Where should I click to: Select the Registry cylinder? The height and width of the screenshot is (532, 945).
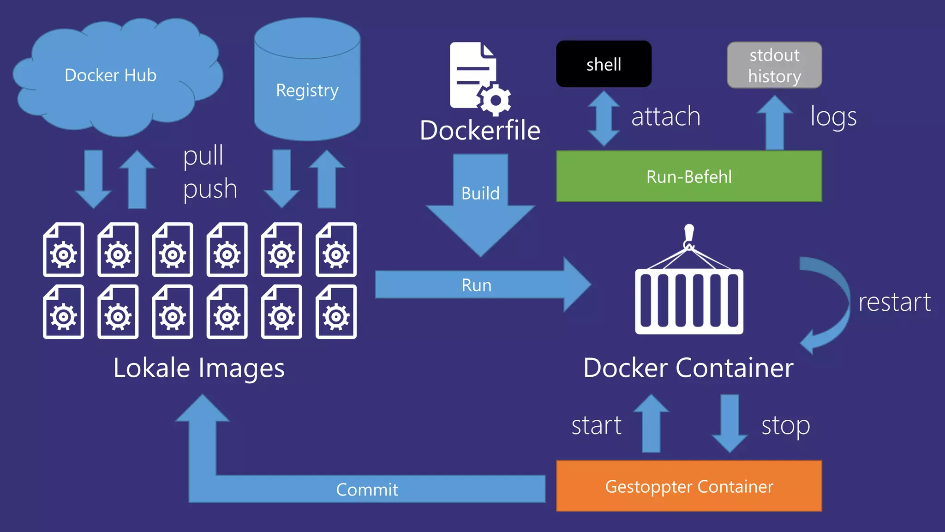click(x=307, y=88)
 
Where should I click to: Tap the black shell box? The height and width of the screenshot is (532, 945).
click(x=604, y=64)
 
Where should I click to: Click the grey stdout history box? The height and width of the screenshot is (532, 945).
click(x=774, y=65)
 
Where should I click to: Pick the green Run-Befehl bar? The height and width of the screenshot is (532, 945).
click(x=689, y=176)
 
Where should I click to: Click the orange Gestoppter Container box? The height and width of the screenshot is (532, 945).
click(x=689, y=486)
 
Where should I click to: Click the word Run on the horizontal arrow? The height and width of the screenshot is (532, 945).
click(x=476, y=285)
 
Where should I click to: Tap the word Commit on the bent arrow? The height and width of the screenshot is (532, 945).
click(x=367, y=490)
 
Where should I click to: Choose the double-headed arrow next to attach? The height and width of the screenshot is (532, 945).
click(x=604, y=118)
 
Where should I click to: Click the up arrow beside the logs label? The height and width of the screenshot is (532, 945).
click(x=775, y=124)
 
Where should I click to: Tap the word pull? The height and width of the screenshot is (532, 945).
click(x=203, y=156)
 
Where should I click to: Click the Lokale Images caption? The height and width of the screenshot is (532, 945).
click(x=199, y=368)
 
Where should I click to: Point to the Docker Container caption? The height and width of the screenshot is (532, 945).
click(x=688, y=368)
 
